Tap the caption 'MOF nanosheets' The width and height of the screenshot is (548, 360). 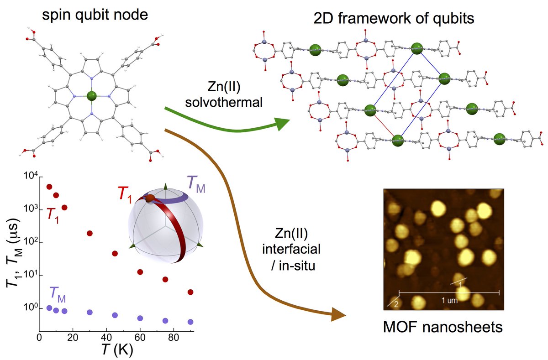pyautogui.click(x=443, y=327)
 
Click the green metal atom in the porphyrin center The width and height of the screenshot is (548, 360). pyautogui.click(x=91, y=96)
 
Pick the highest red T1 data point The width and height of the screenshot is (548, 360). pyautogui.click(x=49, y=187)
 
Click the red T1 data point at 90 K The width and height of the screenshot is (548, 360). pyautogui.click(x=190, y=292)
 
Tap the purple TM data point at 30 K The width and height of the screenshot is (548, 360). pyautogui.click(x=90, y=313)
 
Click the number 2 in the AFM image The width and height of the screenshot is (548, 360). pyautogui.click(x=396, y=304)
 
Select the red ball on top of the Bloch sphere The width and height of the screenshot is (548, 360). pyautogui.click(x=150, y=198)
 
